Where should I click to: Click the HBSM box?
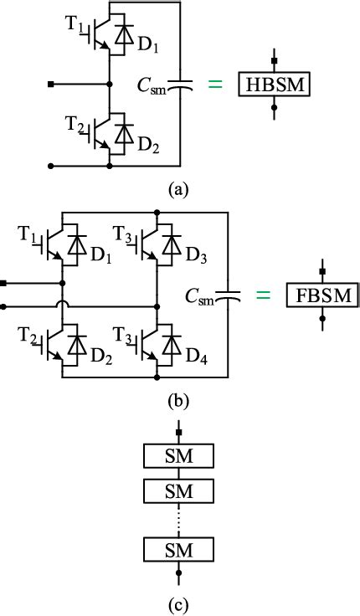pyautogui.click(x=274, y=85)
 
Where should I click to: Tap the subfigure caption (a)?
pyautogui.click(x=178, y=190)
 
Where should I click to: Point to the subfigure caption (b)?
pyautogui.click(x=178, y=401)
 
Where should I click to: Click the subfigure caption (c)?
pyautogui.click(x=179, y=601)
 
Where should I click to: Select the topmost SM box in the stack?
pyautogui.click(x=179, y=456)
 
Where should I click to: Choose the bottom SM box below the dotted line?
pyautogui.click(x=179, y=550)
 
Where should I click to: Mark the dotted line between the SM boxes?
pyautogui.click(x=179, y=519)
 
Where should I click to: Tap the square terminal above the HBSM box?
pyautogui.click(x=274, y=62)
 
